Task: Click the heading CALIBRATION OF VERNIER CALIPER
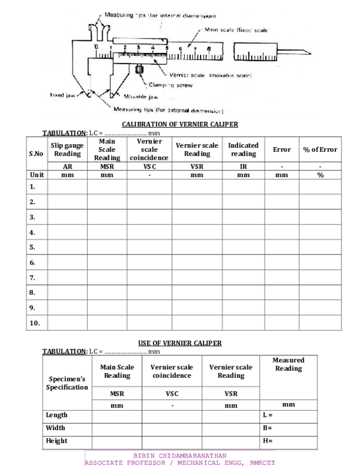pos(180,124)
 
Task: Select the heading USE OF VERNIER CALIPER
pos(180,343)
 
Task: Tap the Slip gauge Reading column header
pos(67,150)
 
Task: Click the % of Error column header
pos(320,150)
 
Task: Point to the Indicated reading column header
pos(243,150)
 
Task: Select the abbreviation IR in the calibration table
pos(243,167)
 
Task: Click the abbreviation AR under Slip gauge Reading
pos(67,167)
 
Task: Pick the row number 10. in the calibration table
pos(34,323)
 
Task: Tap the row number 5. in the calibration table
pos(32,247)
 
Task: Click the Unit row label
pos(37,175)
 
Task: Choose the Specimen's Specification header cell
pos(67,383)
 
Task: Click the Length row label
pos(57,415)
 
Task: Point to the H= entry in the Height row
pos(268,441)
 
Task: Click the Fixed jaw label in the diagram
pos(62,94)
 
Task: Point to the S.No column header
pos(36,153)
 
